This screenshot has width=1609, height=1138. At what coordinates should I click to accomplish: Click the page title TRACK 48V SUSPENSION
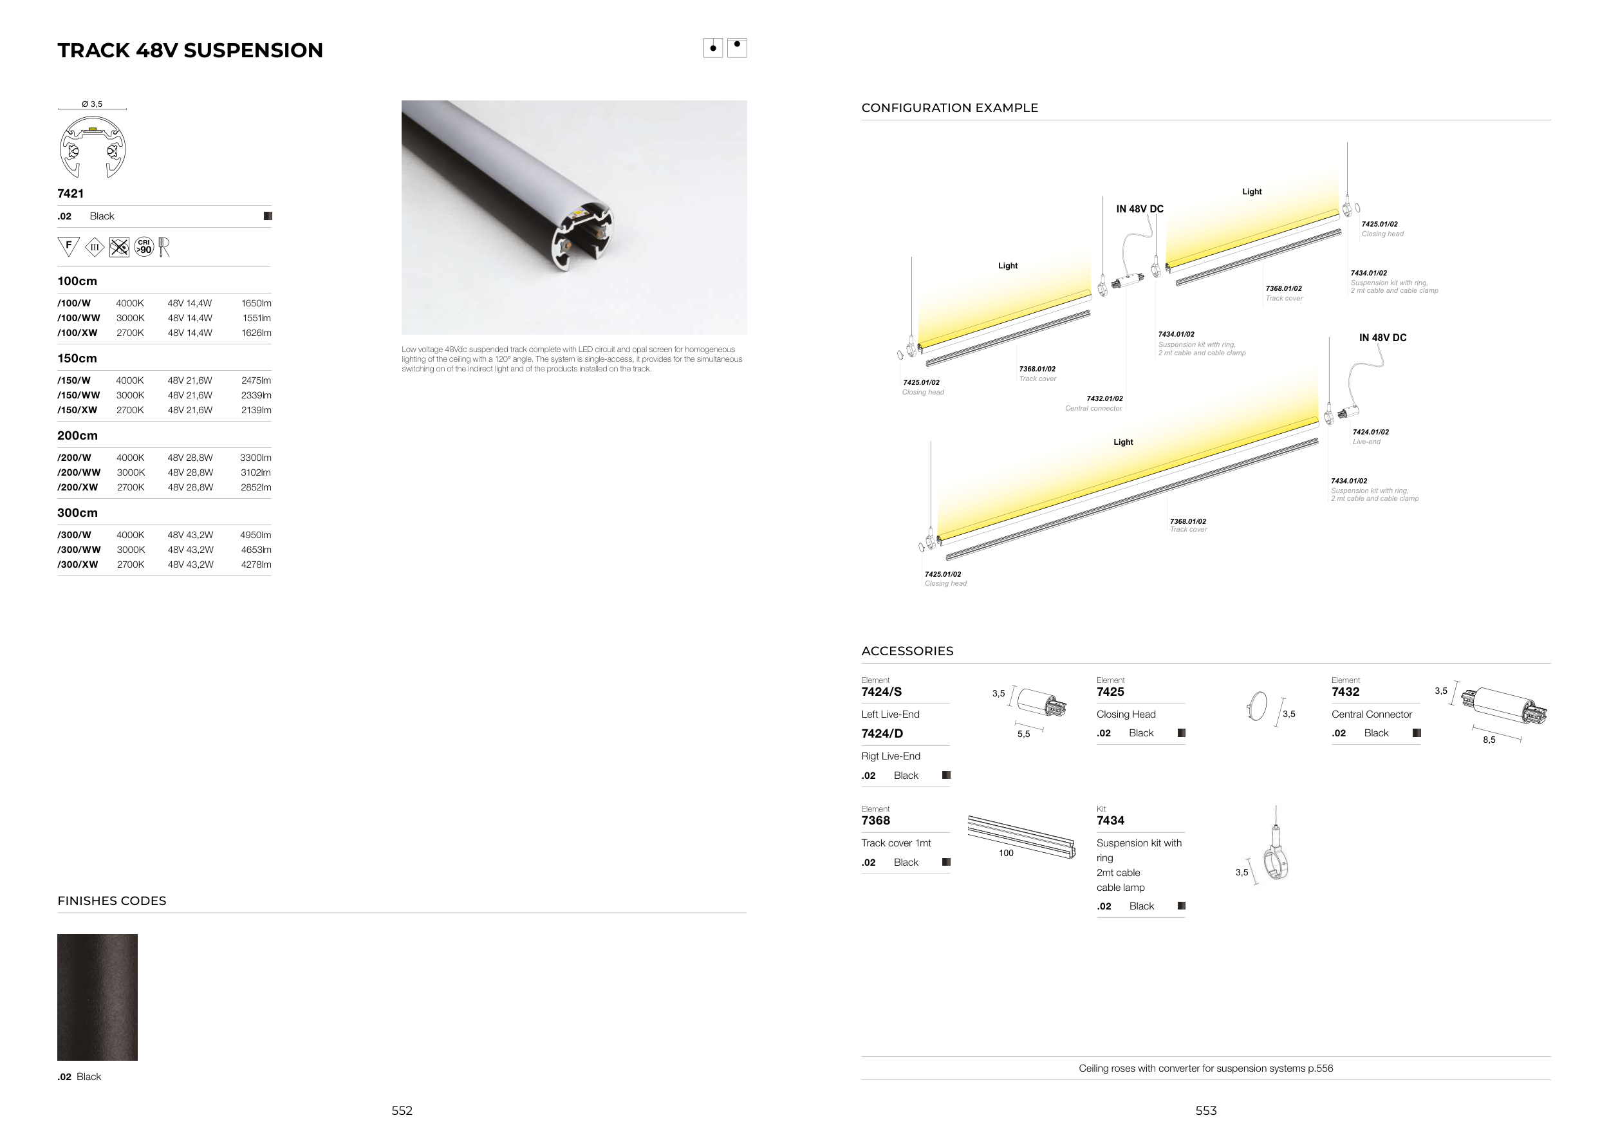click(190, 50)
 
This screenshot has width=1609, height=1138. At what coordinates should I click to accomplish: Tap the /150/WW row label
click(79, 395)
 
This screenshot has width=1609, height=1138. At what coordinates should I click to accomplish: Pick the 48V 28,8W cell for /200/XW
click(190, 487)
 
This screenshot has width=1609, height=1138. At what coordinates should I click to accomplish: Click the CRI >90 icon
click(144, 247)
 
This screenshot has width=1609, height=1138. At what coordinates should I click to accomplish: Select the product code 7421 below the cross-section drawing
click(71, 193)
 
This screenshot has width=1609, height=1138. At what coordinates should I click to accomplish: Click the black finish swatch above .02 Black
click(97, 996)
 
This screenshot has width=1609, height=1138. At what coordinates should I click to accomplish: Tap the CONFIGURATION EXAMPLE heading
click(949, 108)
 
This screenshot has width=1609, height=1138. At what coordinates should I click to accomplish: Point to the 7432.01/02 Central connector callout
click(1094, 403)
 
